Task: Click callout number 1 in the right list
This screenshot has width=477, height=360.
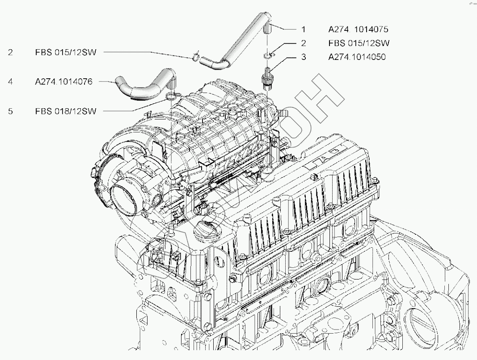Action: [x=304, y=30]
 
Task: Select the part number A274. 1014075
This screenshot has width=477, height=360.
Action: [x=358, y=30]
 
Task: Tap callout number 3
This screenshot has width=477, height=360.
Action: [x=304, y=57]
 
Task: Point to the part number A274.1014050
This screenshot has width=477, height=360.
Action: [x=356, y=57]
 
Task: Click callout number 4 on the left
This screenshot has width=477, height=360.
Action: [x=10, y=82]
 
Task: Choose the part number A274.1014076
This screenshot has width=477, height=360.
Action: [x=63, y=82]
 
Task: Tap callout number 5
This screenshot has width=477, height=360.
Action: [x=10, y=111]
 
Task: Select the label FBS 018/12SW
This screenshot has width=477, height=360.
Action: [x=65, y=111]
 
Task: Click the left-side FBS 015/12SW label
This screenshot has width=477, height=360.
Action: [x=65, y=52]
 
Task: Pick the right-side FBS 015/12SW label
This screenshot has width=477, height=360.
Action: [x=359, y=43]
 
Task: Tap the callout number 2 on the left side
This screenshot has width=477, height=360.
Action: [x=10, y=52]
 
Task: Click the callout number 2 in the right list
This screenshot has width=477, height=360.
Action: [x=304, y=43]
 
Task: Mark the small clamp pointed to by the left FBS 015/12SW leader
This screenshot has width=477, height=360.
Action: [x=195, y=56]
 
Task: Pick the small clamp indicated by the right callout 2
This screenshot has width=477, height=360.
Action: [x=268, y=55]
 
